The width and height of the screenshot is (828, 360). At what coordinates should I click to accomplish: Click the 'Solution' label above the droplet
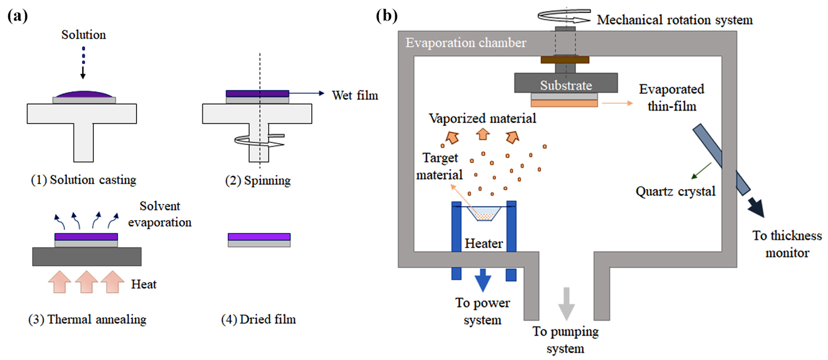tap(83, 35)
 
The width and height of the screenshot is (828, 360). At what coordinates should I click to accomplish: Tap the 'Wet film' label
tap(355, 96)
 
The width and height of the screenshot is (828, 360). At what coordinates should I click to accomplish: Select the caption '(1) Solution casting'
tap(83, 180)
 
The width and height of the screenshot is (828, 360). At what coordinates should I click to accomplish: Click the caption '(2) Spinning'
tap(258, 181)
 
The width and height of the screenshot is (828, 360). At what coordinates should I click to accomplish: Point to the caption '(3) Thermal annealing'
tap(87, 319)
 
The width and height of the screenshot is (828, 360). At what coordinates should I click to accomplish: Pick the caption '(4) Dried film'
tap(259, 319)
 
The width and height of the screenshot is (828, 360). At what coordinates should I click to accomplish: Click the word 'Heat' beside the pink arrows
tap(144, 284)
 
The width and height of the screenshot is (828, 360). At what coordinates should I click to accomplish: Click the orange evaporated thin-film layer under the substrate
tap(564, 103)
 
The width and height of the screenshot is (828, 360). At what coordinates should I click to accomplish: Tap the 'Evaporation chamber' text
tap(466, 43)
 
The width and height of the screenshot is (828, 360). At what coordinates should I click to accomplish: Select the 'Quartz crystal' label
tap(675, 191)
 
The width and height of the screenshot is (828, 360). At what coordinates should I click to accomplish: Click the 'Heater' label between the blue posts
tap(484, 244)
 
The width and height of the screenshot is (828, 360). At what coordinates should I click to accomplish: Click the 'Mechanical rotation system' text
tap(675, 20)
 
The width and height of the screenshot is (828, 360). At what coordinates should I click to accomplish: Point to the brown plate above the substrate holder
tap(565, 60)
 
